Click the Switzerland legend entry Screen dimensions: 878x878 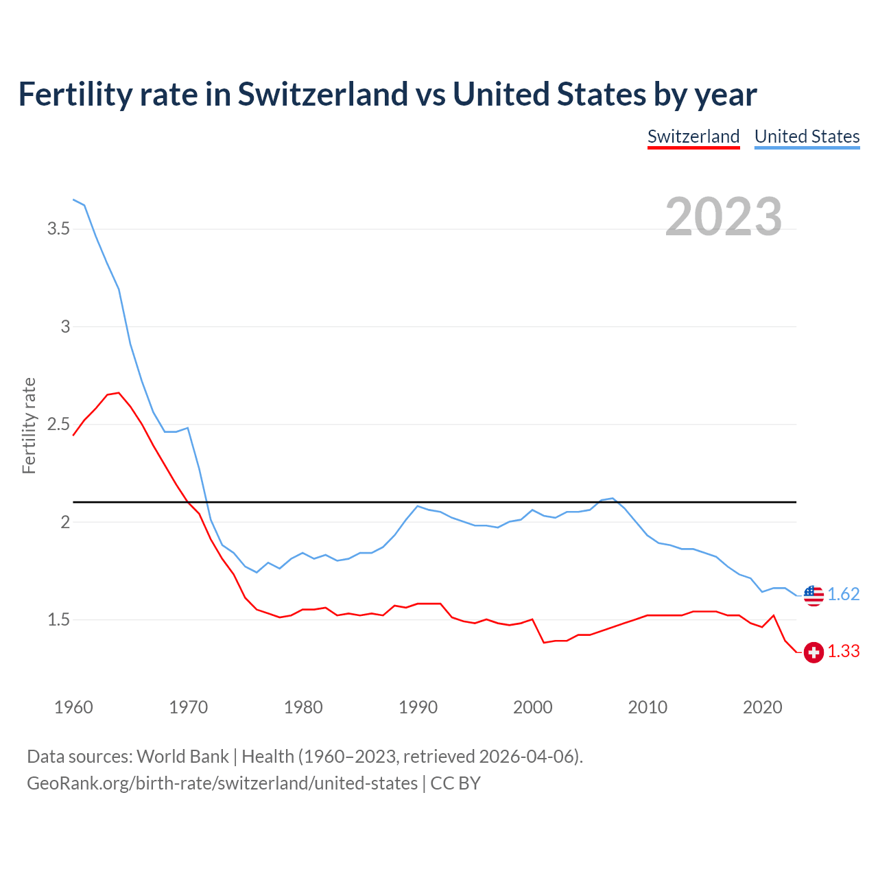click(x=693, y=137)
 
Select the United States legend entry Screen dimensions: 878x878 click(x=807, y=137)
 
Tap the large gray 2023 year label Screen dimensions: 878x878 click(x=724, y=217)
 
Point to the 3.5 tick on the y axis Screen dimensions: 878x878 click(x=59, y=229)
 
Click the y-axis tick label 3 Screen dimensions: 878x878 click(x=66, y=327)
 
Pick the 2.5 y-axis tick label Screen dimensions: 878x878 click(x=59, y=425)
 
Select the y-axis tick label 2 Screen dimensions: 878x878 click(x=66, y=523)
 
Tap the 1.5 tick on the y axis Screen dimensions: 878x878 click(x=59, y=620)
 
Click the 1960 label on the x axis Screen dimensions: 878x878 click(x=73, y=707)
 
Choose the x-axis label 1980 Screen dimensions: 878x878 click(x=303, y=707)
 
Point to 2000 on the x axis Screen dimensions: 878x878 click(x=533, y=707)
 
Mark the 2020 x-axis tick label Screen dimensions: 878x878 click(x=762, y=707)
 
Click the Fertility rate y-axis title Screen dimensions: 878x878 click(x=29, y=425)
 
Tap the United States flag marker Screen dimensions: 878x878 click(x=814, y=595)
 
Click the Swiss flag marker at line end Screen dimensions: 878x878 click(x=814, y=652)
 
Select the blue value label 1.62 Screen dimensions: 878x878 click(x=844, y=595)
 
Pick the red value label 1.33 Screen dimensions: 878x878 click(x=844, y=652)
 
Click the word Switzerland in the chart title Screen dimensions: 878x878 click(x=322, y=94)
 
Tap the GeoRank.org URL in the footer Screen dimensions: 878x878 click(x=222, y=783)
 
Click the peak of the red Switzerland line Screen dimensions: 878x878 click(x=119, y=393)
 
